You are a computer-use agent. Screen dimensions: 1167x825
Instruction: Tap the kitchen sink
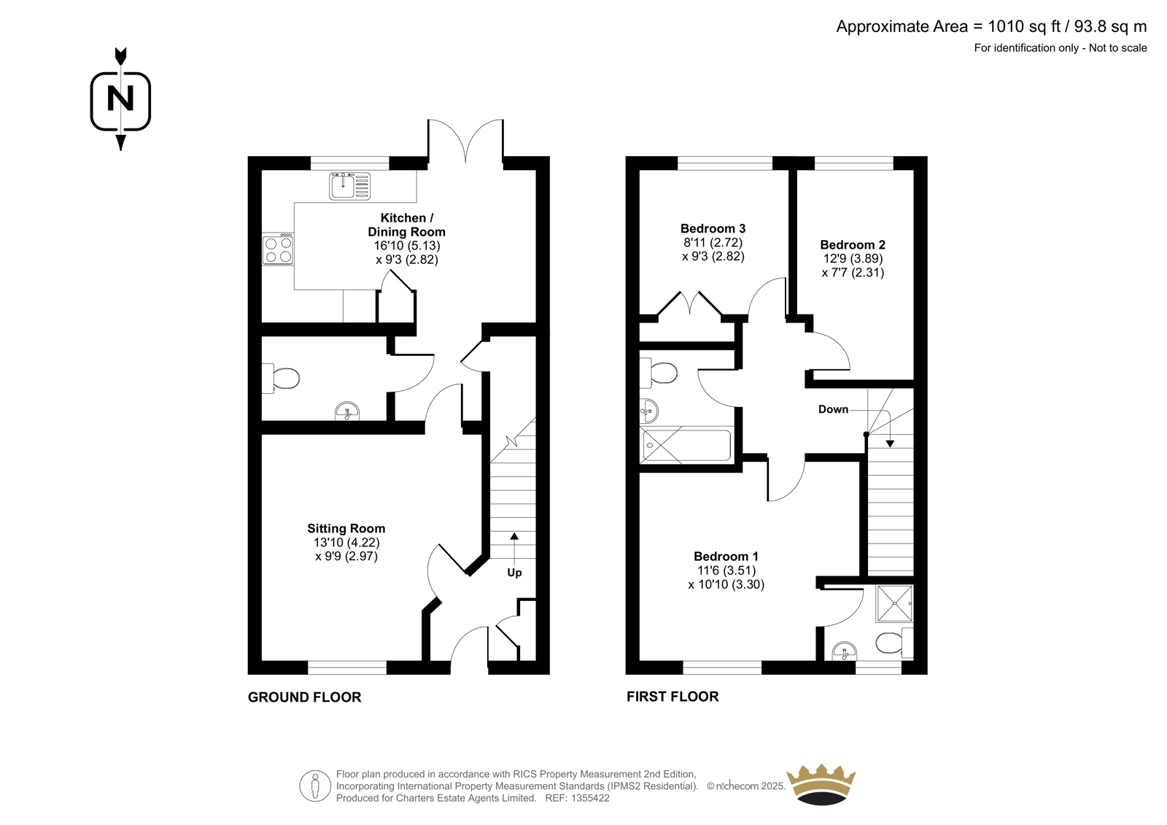tap(349, 187)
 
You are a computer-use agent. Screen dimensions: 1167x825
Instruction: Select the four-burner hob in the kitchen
tap(278, 249)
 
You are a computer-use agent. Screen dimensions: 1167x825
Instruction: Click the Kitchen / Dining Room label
tap(406, 225)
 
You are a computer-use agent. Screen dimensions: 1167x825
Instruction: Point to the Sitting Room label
tap(346, 528)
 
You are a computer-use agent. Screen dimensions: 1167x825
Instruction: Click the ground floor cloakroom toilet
tap(281, 379)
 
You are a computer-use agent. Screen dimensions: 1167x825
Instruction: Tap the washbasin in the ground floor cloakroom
tap(346, 411)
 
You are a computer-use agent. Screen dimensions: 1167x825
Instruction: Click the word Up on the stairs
tap(514, 573)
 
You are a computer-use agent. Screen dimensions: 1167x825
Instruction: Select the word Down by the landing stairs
tap(833, 409)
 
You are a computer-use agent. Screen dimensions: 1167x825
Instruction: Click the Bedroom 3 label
tap(713, 228)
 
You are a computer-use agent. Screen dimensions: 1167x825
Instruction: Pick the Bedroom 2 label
tap(853, 244)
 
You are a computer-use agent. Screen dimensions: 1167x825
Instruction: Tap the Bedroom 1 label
tap(726, 556)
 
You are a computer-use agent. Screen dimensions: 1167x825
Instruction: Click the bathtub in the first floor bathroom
tap(686, 445)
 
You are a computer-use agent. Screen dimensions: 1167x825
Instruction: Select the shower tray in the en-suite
tap(894, 603)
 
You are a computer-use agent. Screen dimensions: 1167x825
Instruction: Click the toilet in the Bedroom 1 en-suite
tap(894, 643)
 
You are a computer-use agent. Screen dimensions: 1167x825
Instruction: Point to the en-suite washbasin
tap(844, 651)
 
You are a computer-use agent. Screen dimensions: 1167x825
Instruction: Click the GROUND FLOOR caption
tap(304, 697)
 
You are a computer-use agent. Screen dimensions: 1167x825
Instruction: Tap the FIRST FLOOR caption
tap(672, 697)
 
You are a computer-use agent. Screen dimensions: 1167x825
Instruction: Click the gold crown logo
tap(821, 784)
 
